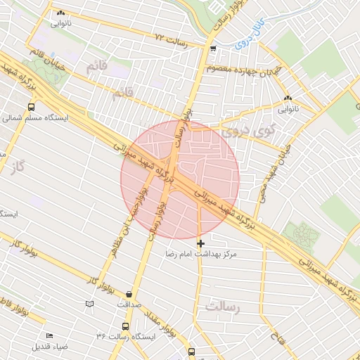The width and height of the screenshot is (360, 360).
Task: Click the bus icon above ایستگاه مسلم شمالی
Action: [31, 107]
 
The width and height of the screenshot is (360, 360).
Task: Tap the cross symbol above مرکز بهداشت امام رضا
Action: [200, 243]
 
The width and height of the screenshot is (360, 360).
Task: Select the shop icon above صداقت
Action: [129, 294]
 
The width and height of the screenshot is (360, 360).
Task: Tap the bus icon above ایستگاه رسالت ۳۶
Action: [124, 327]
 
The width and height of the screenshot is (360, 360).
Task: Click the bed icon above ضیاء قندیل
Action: [49, 336]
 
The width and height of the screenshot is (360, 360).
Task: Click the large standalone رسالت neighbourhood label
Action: [223, 307]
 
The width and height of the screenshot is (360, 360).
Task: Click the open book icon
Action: [89, 303]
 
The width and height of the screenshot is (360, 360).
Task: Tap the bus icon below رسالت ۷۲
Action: [213, 49]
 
